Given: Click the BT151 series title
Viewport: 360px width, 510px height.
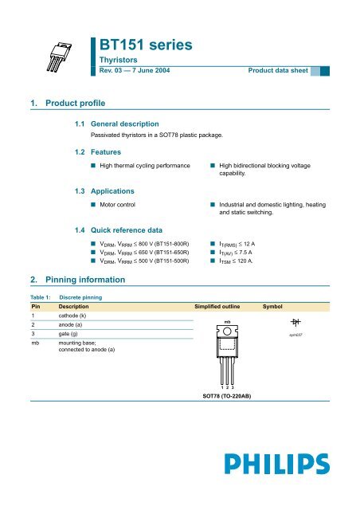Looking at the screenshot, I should pos(144,45).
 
